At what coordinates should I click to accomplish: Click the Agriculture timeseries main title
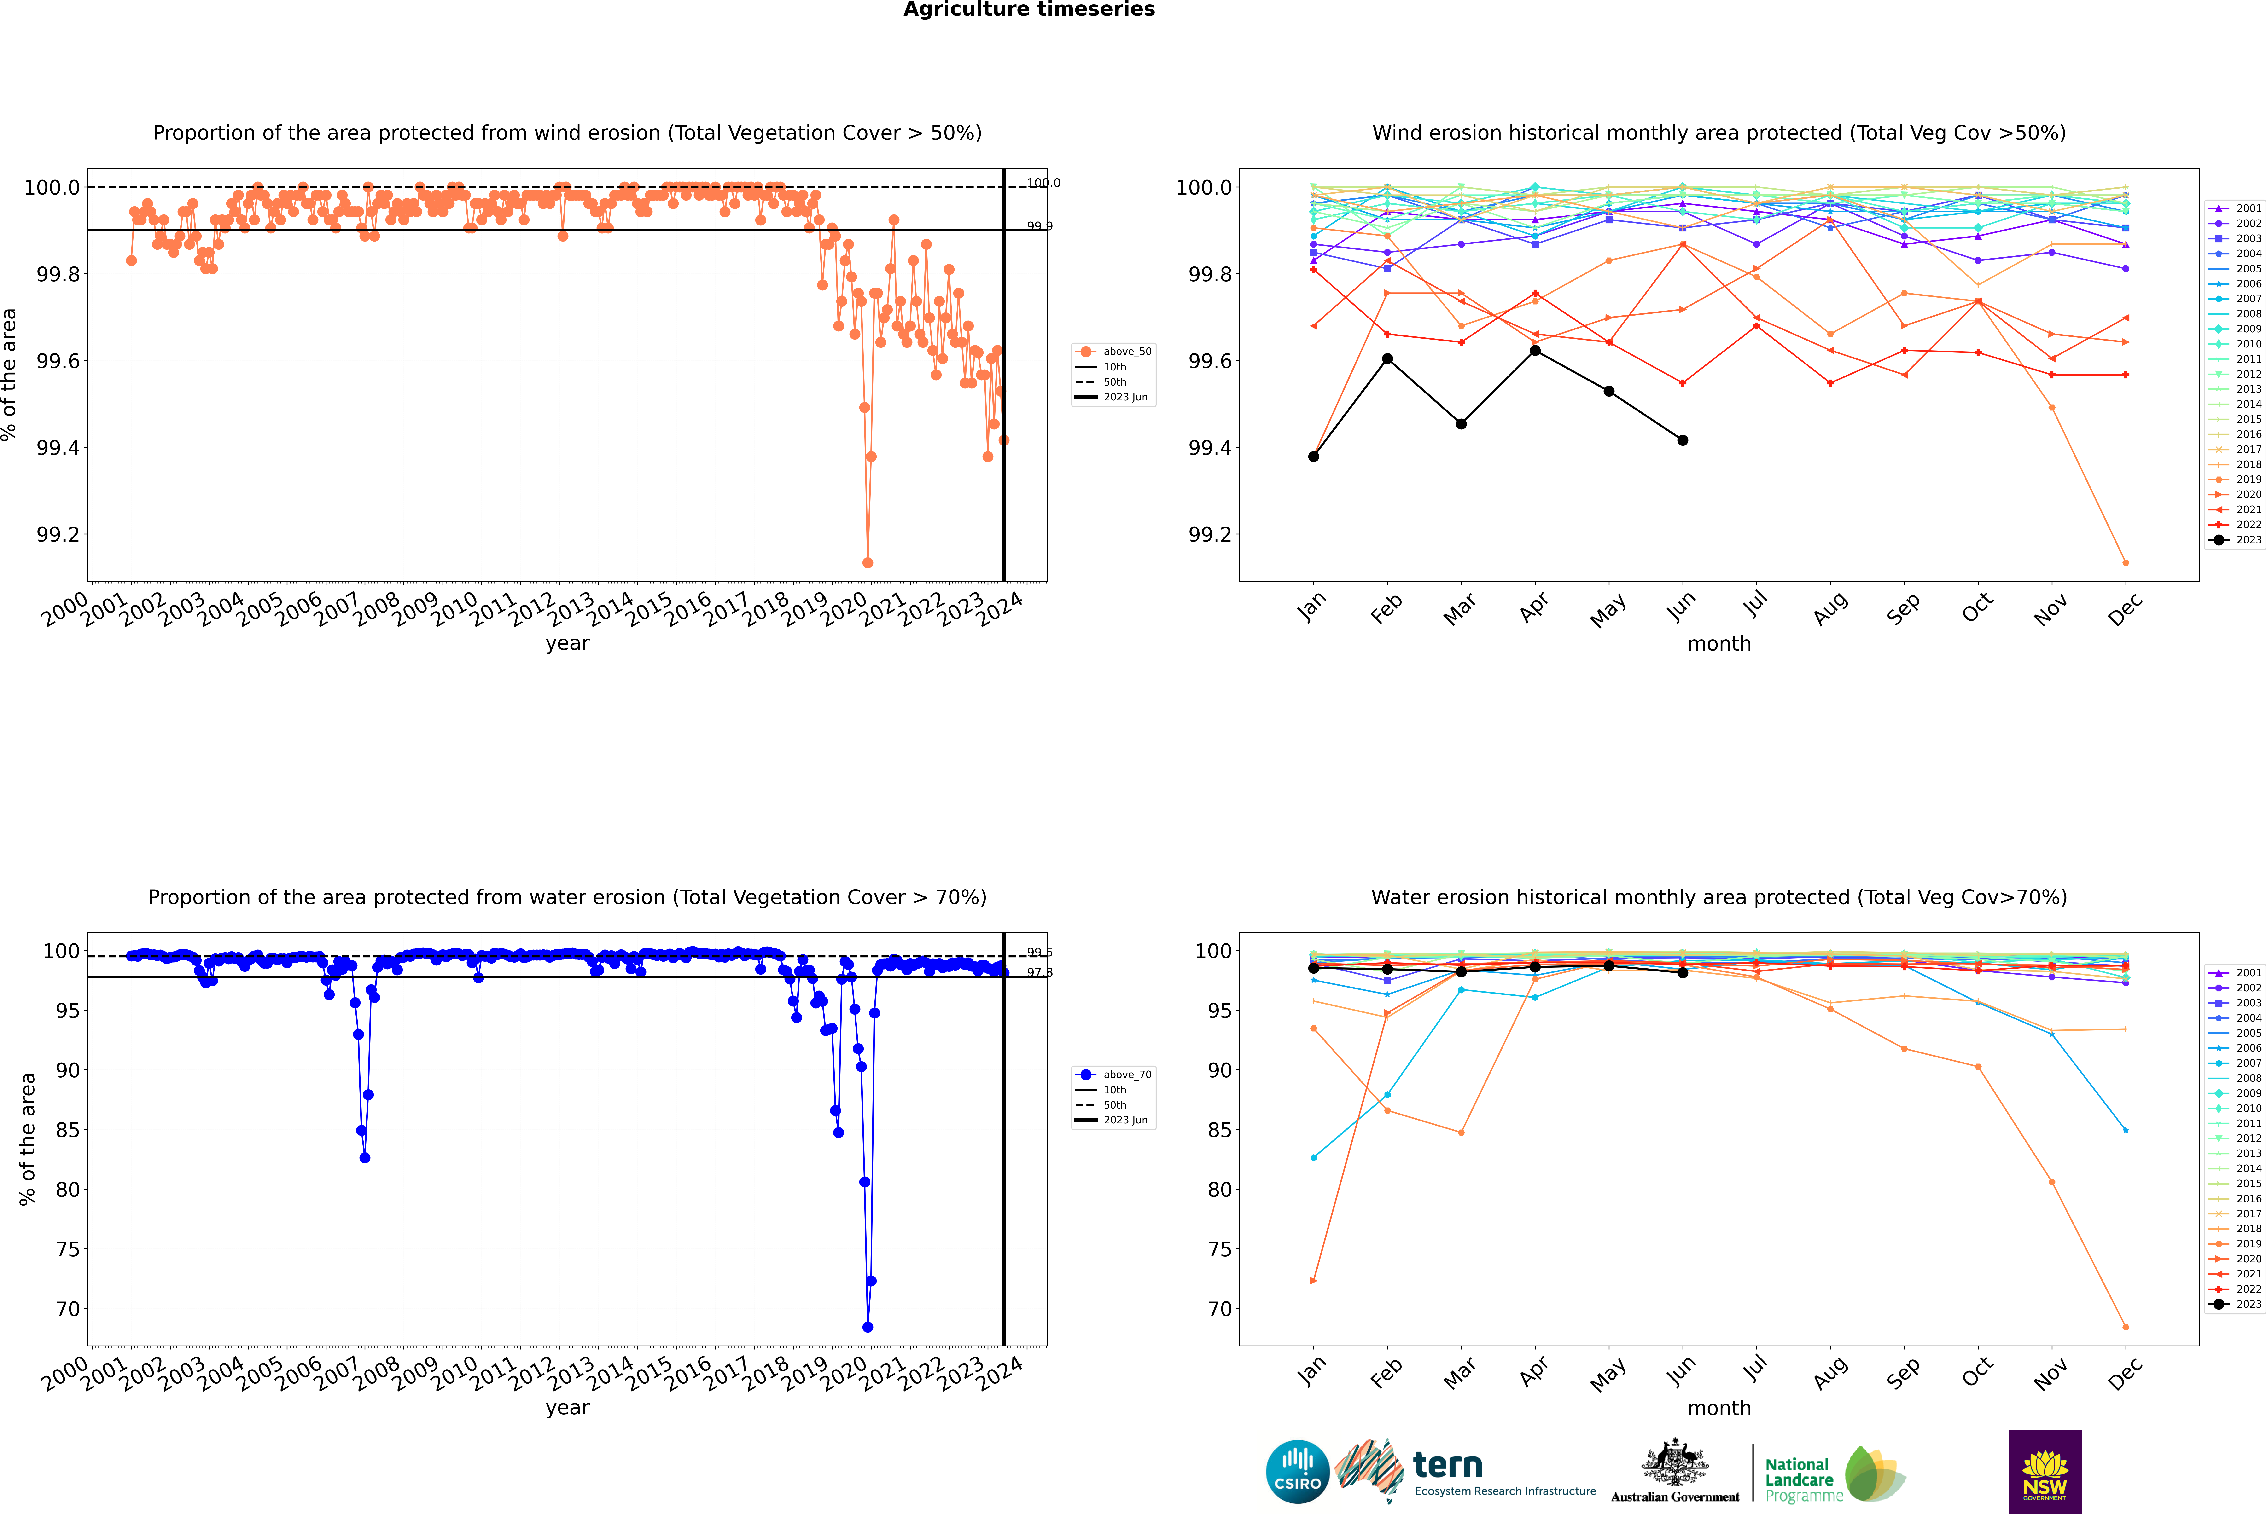tap(1029, 10)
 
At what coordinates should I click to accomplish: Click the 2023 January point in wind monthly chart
tap(1314, 457)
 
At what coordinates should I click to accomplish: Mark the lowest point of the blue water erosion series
tap(867, 1327)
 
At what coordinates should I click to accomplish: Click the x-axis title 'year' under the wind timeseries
tap(567, 643)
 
